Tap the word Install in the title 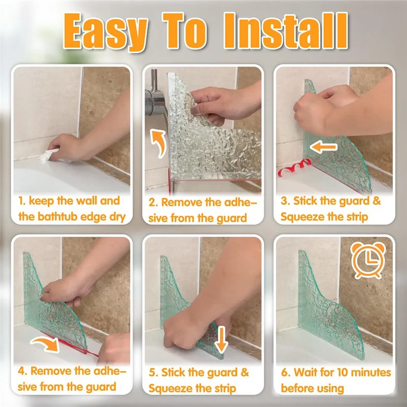285,31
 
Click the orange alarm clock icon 368,260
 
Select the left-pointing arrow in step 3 324,147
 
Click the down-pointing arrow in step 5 221,339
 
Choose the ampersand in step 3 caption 376,201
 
